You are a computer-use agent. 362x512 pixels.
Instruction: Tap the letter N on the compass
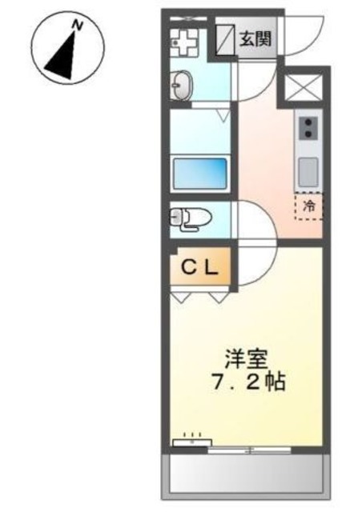click(x=78, y=26)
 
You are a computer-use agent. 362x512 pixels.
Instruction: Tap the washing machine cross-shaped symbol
click(x=184, y=41)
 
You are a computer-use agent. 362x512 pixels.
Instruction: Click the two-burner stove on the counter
click(x=308, y=126)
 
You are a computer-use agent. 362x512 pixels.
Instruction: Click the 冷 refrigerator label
click(x=308, y=206)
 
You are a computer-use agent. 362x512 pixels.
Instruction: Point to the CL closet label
click(x=199, y=268)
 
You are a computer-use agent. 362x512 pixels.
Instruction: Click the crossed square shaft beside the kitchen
click(x=303, y=86)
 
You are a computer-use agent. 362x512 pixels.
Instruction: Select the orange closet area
click(x=200, y=269)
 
